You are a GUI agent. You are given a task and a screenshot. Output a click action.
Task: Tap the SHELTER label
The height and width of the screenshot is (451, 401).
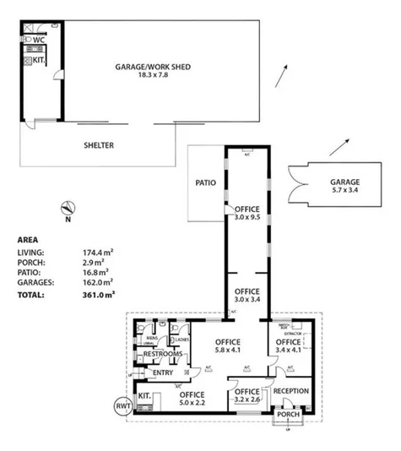point(98,145)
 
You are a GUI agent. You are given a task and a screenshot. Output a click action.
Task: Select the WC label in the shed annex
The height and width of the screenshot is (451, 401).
point(38,39)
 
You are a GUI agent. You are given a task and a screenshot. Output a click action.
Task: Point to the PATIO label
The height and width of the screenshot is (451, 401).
point(206,182)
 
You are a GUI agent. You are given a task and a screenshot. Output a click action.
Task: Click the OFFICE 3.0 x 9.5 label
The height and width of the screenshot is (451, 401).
point(247,212)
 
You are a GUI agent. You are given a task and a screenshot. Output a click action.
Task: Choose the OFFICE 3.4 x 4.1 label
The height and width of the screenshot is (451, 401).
point(288,346)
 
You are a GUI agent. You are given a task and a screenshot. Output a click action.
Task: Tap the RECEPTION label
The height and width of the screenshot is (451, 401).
point(291,391)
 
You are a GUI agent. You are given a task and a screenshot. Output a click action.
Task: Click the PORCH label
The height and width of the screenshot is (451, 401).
point(288,416)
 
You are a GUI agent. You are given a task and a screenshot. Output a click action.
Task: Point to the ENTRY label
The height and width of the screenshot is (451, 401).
point(162,372)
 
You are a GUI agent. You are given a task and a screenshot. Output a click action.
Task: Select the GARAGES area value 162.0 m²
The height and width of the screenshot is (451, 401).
point(100,283)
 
